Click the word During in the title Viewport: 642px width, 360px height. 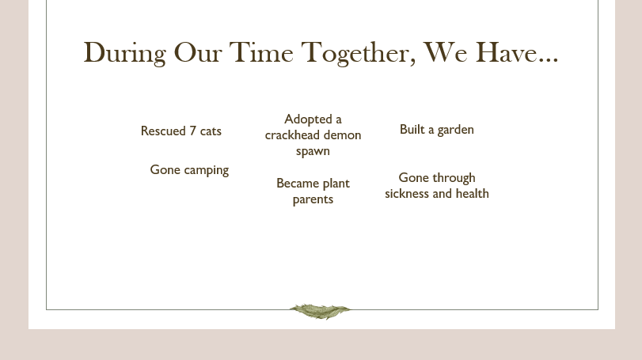click(x=125, y=53)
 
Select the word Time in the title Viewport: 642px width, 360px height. click(x=261, y=52)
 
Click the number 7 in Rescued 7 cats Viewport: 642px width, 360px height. click(x=193, y=131)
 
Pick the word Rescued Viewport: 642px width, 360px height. click(x=163, y=131)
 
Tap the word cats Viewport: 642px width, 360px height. click(x=211, y=131)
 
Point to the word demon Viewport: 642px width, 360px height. click(x=342, y=135)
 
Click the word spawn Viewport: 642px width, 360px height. click(x=313, y=151)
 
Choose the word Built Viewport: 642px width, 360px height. click(x=412, y=129)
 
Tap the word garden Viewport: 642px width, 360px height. click(x=456, y=130)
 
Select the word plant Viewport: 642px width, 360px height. click(x=336, y=184)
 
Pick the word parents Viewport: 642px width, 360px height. click(x=313, y=199)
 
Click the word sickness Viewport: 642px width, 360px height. click(x=407, y=194)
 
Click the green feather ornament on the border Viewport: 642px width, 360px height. click(x=320, y=311)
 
